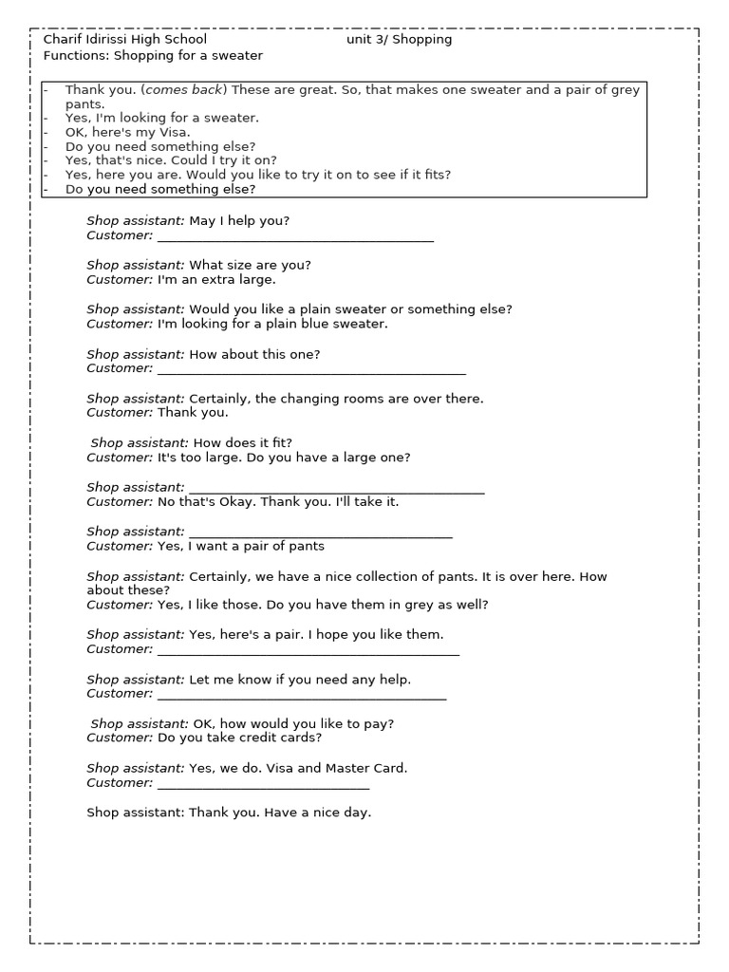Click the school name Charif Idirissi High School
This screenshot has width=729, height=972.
tap(125, 40)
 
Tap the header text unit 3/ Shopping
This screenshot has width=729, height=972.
tap(399, 40)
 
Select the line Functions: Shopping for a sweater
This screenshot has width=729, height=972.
tap(153, 56)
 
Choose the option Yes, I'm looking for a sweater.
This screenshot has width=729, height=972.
tap(161, 118)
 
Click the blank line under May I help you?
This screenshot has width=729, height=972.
tap(295, 236)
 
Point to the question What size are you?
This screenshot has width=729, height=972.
tap(250, 265)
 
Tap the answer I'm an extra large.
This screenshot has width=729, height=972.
tap(216, 280)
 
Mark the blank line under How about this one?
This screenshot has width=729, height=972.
tap(311, 369)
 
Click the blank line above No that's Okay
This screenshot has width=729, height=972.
tap(336, 488)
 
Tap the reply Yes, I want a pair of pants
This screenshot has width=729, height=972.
tap(240, 546)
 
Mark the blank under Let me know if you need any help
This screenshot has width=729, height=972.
tap(301, 695)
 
